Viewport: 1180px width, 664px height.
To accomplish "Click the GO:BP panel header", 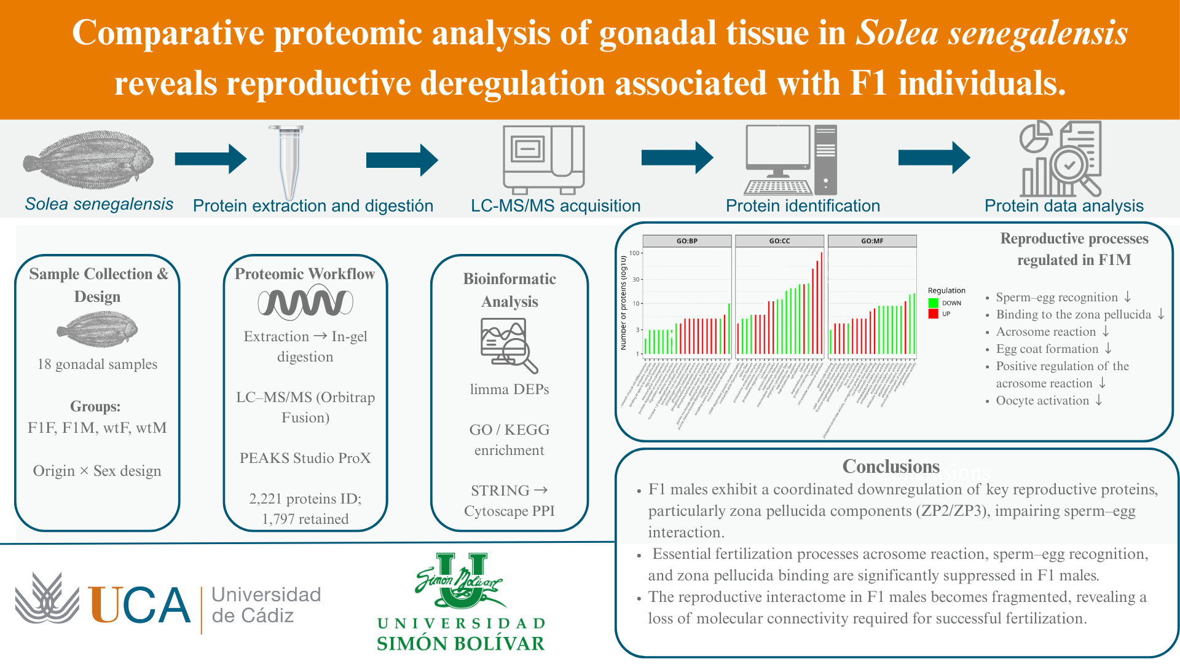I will (687, 241).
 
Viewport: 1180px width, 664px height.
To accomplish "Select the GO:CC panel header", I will (779, 241).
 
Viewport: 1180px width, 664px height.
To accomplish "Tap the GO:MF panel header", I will (872, 241).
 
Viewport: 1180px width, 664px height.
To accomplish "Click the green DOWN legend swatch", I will (934, 303).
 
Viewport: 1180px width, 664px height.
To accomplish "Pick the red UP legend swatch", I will (934, 314).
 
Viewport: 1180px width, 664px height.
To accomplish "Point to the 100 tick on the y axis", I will (634, 253).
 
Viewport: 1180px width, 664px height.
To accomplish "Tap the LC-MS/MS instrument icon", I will (543, 159).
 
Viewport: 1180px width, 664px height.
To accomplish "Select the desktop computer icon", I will (790, 160).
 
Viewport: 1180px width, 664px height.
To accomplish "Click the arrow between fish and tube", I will (211, 159).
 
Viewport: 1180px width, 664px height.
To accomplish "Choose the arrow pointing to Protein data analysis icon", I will (934, 158).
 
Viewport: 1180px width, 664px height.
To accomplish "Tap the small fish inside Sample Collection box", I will (97, 330).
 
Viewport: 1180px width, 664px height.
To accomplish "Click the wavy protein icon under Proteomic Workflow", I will (305, 303).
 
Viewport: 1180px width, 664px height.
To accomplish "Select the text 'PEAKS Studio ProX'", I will (305, 458).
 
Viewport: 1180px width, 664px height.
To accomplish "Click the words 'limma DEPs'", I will (509, 389).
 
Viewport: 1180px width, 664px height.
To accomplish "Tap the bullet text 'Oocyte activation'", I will (1042, 400).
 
